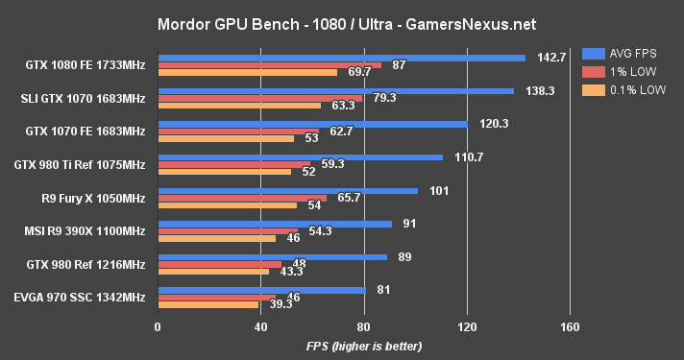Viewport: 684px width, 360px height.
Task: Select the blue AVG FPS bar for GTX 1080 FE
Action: [341, 58]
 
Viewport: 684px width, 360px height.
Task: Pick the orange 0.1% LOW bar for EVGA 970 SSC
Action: [208, 305]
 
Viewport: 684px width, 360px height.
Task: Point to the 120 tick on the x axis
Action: [467, 326]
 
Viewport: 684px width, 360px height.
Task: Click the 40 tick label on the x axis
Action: [260, 326]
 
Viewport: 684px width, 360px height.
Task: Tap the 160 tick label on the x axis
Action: [570, 326]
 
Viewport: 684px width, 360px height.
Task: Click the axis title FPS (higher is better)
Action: [363, 345]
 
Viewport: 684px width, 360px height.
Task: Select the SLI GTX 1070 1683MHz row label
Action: [83, 98]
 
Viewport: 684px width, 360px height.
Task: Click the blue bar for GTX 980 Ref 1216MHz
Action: [272, 256]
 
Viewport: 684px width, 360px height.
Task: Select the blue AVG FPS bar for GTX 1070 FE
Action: [312, 124]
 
